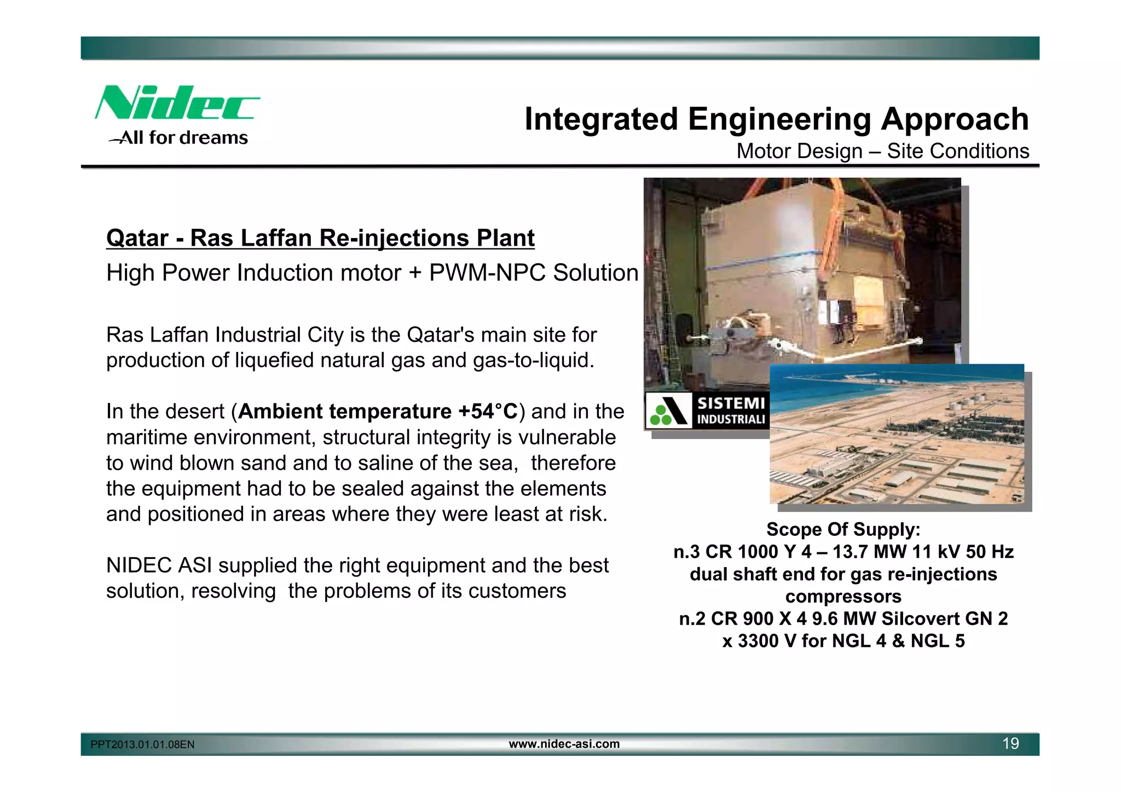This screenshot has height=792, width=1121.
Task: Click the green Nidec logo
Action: click(176, 103)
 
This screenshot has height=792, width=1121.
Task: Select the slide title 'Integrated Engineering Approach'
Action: click(776, 119)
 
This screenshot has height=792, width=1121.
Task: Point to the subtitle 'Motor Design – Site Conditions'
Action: click(882, 151)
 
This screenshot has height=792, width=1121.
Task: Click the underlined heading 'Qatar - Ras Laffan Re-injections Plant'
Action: click(320, 238)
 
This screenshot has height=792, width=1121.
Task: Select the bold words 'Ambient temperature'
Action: click(345, 411)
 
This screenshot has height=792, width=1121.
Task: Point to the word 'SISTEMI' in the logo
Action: click(731, 403)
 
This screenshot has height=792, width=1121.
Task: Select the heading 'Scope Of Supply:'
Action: click(843, 529)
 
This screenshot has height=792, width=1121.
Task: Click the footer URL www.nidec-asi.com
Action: click(564, 744)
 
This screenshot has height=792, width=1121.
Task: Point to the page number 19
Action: click(1010, 744)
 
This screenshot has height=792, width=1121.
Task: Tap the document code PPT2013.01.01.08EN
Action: click(142, 745)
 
